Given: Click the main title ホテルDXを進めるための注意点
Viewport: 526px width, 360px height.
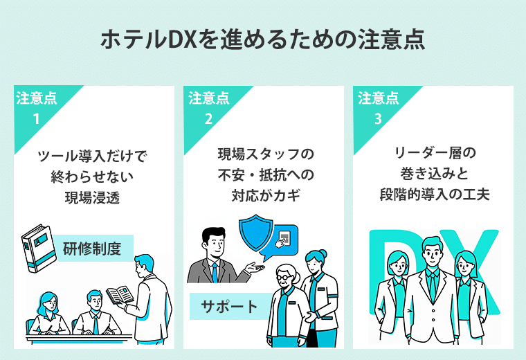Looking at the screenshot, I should pyautogui.click(x=262, y=39).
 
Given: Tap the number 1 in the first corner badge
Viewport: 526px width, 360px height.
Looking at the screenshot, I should pyautogui.click(x=37, y=118).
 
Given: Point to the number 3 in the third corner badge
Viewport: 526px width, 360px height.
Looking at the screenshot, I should pyautogui.click(x=377, y=118).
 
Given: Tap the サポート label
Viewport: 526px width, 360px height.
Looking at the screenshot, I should pyautogui.click(x=229, y=305).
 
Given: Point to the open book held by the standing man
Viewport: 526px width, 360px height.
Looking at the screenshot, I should pyautogui.click(x=120, y=295).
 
